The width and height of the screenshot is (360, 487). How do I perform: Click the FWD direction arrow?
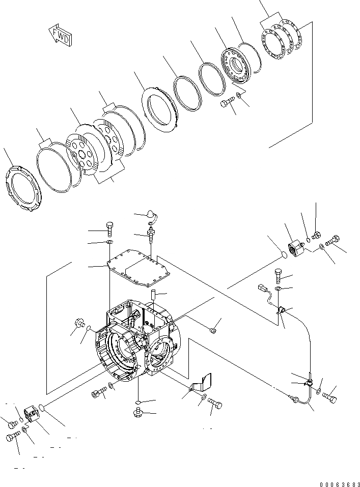[60, 36]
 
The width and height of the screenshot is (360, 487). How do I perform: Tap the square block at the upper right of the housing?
[295, 250]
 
